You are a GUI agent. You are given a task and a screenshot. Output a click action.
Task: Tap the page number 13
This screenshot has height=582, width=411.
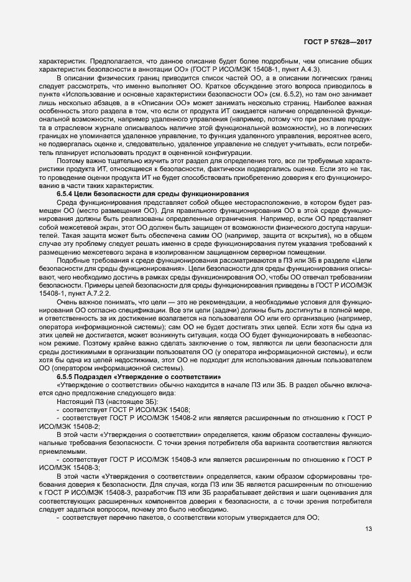click(368, 547)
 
